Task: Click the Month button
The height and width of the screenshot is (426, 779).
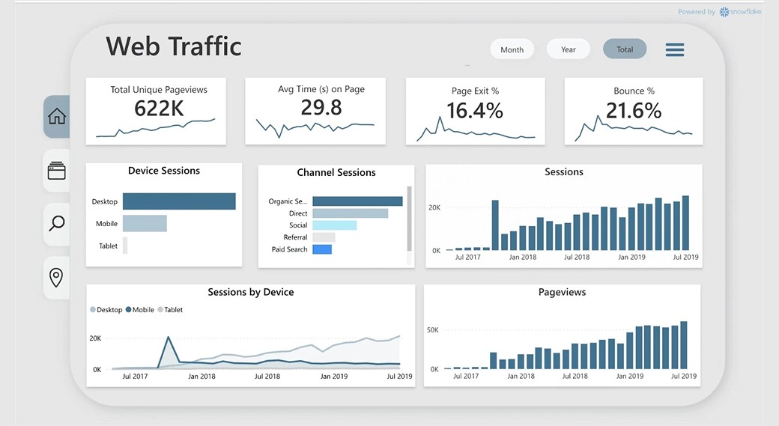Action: pos(512,49)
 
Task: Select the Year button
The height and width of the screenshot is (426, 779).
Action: pos(569,49)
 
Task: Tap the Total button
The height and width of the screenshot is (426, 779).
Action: pos(625,49)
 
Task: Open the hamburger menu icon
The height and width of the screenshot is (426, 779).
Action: pos(675,49)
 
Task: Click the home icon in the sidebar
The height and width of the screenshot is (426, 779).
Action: pos(57,116)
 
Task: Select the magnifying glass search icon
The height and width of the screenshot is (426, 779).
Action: pos(57,223)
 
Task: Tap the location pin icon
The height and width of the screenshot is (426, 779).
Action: pos(56,278)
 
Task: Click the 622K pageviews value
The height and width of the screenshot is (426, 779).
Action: pos(159,109)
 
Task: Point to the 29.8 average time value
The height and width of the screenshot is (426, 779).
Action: pos(321,108)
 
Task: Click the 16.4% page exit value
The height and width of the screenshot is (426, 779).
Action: pos(475,111)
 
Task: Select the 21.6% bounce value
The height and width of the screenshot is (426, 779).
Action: pos(634,111)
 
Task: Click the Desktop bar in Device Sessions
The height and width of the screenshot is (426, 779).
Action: pos(179,201)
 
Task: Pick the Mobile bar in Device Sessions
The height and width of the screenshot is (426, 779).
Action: pos(145,223)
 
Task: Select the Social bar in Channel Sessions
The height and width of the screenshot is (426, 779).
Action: pos(334,225)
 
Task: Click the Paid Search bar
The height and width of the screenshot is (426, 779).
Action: pos(322,249)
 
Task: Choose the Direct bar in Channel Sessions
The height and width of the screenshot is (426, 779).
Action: pos(350,213)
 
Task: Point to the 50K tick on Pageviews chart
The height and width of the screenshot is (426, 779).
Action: pos(432,330)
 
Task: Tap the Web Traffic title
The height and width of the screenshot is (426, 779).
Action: pos(174,46)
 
